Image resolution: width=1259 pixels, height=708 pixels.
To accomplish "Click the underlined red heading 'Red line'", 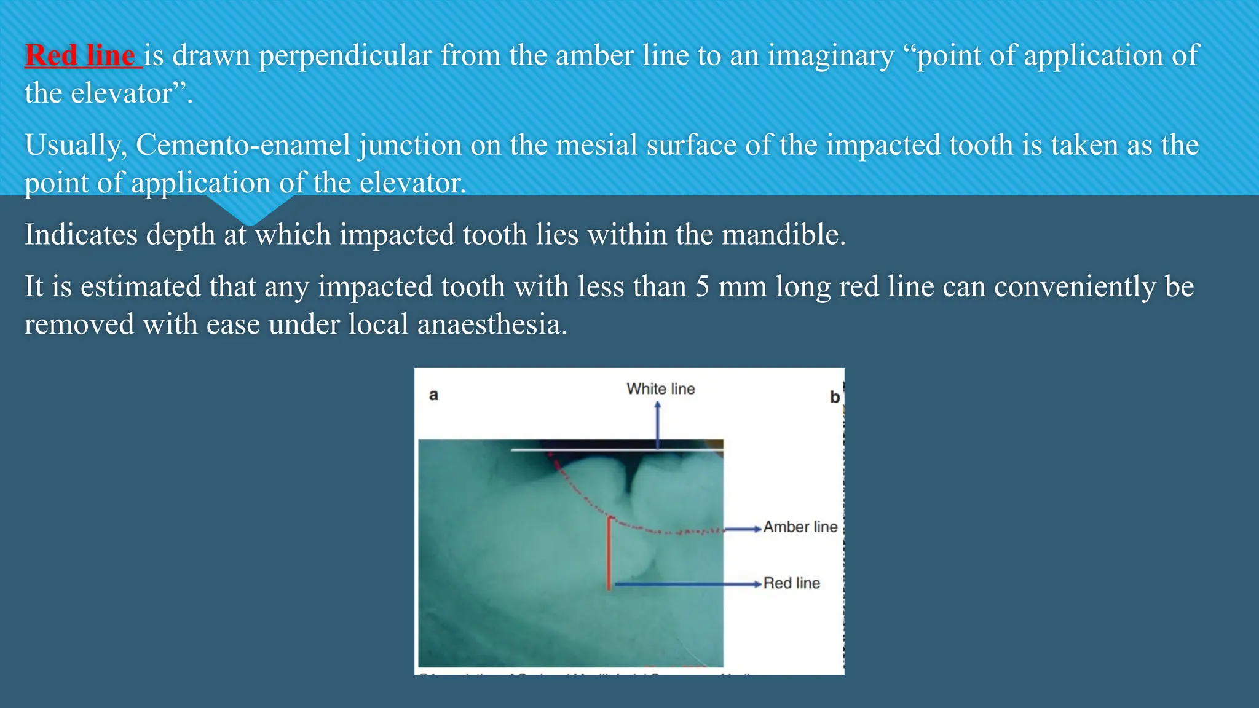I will (x=80, y=55).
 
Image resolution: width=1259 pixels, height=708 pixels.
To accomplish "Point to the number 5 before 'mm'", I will (x=702, y=287).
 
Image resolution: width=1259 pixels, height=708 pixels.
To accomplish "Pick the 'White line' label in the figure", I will (x=660, y=389).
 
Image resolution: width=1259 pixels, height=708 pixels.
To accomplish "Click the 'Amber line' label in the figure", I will (x=800, y=527).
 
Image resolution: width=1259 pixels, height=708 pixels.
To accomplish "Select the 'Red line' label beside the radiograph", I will (x=791, y=583).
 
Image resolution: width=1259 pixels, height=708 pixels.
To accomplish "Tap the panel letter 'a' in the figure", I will (x=433, y=395).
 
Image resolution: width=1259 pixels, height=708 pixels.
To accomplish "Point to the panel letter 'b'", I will (x=834, y=397).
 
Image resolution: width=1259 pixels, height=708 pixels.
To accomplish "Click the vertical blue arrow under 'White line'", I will (x=657, y=424).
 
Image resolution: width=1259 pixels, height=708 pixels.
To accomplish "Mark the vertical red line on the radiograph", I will (x=609, y=553).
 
